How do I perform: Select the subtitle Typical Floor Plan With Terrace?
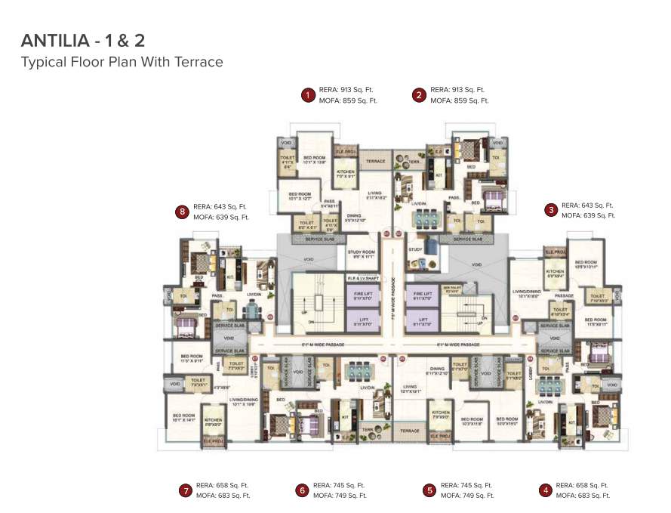pyautogui.click(x=122, y=62)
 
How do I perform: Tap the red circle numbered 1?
pyautogui.click(x=307, y=94)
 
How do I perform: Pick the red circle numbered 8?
pyautogui.click(x=181, y=212)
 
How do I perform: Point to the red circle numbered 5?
pyautogui.click(x=429, y=490)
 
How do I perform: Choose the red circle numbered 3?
pyautogui.click(x=551, y=210)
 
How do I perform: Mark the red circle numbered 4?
pyautogui.click(x=545, y=490)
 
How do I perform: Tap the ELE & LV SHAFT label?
pyautogui.click(x=362, y=278)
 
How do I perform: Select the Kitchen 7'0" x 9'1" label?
pyautogui.click(x=345, y=175)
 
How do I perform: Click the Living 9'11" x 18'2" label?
pyautogui.click(x=374, y=195)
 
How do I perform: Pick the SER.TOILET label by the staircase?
pyautogui.click(x=451, y=289)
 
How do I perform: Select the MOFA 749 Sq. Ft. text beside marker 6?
pyautogui.click(x=340, y=496)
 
